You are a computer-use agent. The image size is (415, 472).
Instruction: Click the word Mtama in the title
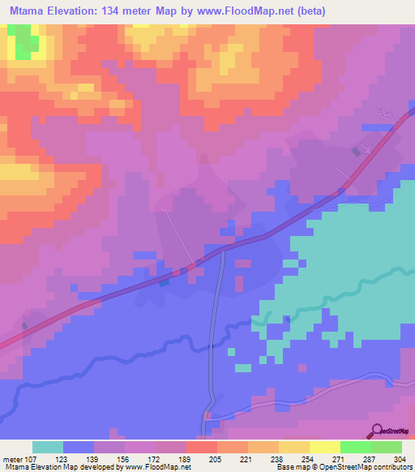29,11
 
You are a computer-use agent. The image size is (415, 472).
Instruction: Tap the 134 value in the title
118,11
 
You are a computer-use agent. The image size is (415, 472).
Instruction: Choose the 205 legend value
202,458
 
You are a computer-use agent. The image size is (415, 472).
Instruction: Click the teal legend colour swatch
48,447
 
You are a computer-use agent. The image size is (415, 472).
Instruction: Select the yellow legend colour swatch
325,447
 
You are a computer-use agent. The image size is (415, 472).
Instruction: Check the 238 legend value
263,458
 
